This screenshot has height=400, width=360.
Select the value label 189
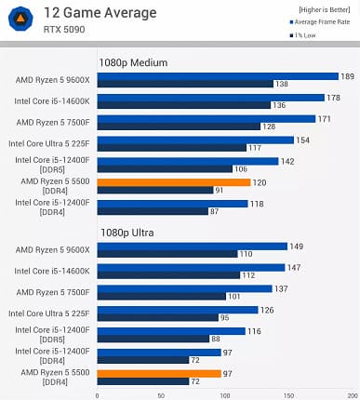pyautogui.click(x=347, y=76)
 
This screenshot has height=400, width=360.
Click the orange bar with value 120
pyautogui.click(x=173, y=182)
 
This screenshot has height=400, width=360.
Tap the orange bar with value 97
pyautogui.click(x=158, y=373)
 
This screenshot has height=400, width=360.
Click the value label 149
pyautogui.click(x=296, y=247)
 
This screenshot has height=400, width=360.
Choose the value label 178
pyautogui.click(x=333, y=98)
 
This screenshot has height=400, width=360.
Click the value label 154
pyautogui.click(x=302, y=140)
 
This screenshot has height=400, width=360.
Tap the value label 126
pyautogui.click(x=266, y=310)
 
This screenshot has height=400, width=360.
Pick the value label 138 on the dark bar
pyautogui.click(x=282, y=84)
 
